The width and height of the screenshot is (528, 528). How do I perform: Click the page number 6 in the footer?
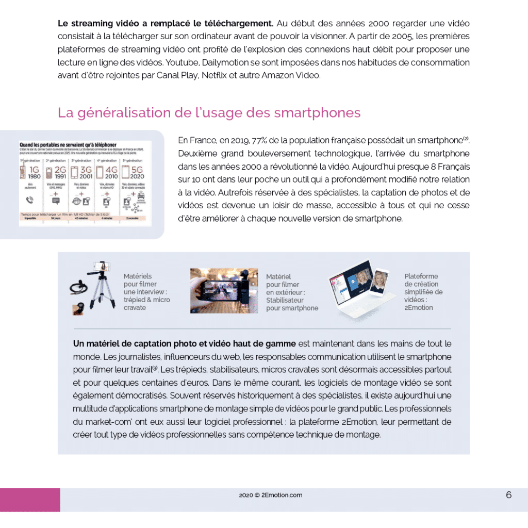pyautogui.click(x=508, y=495)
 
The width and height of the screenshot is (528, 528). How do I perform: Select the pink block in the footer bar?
pyautogui.click(x=30, y=500)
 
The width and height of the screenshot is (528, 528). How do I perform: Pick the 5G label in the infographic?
pyautogui.click(x=137, y=169)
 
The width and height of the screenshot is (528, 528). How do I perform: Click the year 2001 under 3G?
pyautogui.click(x=86, y=176)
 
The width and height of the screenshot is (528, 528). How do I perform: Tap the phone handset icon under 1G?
pyautogui.click(x=29, y=200)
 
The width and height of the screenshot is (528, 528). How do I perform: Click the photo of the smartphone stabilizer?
pyautogui.click(x=224, y=290)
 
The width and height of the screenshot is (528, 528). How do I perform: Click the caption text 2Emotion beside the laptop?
pyautogui.click(x=419, y=308)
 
